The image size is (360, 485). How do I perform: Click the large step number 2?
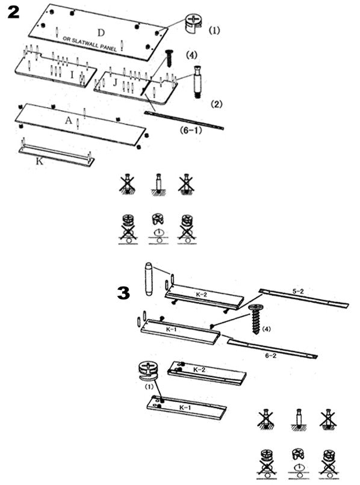point(14,12)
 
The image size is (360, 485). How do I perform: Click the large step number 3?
point(123,292)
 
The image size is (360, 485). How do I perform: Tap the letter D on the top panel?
point(101,32)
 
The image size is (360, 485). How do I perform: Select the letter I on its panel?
point(72,75)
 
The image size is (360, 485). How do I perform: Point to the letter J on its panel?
point(115,82)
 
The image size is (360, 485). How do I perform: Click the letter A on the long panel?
point(69,120)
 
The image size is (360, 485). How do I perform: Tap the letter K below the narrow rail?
point(39,161)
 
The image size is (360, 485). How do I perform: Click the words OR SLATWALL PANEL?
point(90,43)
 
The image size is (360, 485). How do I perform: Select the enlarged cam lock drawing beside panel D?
point(193,23)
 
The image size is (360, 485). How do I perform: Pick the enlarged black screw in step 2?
point(169,58)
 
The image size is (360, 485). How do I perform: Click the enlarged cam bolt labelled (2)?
point(197,82)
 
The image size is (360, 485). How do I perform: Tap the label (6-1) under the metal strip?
point(191,130)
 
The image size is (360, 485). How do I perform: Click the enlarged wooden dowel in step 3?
point(149,279)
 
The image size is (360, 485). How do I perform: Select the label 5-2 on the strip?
point(298,291)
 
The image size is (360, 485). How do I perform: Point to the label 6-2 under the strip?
point(270,356)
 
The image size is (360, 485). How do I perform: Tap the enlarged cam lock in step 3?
point(149,371)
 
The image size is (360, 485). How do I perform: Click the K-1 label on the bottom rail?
point(185,407)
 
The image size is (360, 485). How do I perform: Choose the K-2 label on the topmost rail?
point(201,294)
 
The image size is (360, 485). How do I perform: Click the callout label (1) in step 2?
point(214,30)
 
